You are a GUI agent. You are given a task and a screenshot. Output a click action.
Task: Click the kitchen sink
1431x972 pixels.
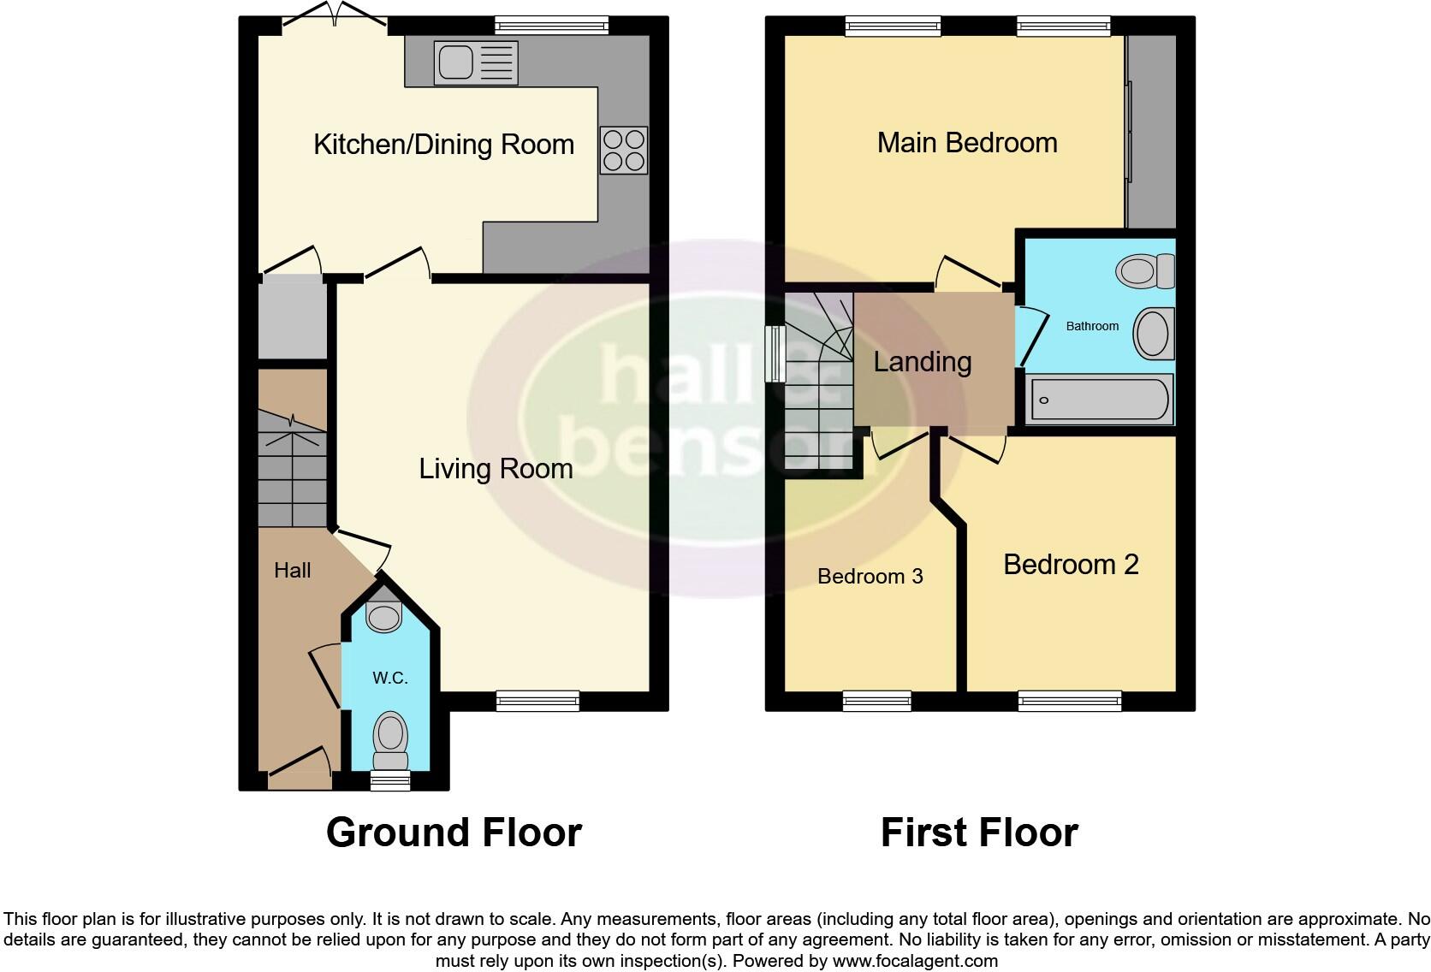tap(476, 62)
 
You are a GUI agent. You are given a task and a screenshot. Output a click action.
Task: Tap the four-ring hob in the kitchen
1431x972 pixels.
tap(623, 150)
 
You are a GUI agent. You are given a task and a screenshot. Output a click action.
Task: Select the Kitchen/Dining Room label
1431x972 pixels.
tap(443, 144)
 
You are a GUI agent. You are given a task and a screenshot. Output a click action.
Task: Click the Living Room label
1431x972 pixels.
tap(496, 468)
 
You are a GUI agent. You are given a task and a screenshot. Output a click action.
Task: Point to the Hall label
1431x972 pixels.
tap(292, 571)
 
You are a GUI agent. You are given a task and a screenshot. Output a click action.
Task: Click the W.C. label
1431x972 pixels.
tap(389, 679)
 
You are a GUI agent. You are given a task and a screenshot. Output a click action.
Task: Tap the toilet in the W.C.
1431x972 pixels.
tap(390, 741)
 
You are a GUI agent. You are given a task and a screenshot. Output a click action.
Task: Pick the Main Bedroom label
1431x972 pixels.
tap(967, 142)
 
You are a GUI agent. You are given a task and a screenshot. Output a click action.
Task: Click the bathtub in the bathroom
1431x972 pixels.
tap(1100, 399)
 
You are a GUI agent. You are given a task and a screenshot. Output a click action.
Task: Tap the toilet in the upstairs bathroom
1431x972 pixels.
tap(1145, 271)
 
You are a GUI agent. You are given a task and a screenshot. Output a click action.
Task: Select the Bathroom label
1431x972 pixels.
tap(1092, 326)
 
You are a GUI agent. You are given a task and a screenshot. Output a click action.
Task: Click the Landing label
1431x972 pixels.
tap(922, 362)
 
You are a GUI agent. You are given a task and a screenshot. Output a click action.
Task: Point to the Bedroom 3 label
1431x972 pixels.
tap(870, 576)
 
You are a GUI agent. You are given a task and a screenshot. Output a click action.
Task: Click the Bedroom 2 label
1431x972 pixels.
tap(1071, 564)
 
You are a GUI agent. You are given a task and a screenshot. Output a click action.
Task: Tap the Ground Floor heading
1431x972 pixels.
tap(454, 832)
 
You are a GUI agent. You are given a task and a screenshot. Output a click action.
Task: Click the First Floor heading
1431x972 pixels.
tap(979, 832)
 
